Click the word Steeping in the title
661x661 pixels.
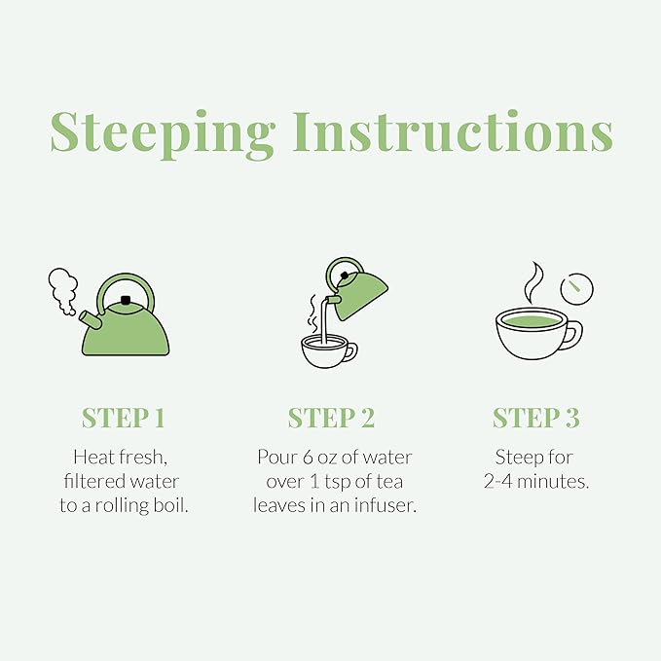pos(162,134)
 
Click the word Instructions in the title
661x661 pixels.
pos(453,131)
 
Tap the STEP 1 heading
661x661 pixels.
pos(123,418)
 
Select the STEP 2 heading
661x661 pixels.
pos(331,418)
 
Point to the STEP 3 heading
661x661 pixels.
pos(536,418)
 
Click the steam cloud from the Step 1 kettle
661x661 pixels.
pos(63,290)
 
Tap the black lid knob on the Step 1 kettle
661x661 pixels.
pos(126,300)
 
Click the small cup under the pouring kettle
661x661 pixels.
pos(328,350)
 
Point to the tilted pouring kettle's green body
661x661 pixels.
pos(362,295)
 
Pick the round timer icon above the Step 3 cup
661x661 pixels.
pos(576,289)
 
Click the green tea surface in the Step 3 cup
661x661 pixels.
pos(532,321)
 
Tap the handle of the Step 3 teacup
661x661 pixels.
pos(575,336)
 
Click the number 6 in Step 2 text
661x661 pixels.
pos(308,458)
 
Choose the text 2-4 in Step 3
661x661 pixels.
pos(498,482)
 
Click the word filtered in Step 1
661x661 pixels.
pos(94,481)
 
